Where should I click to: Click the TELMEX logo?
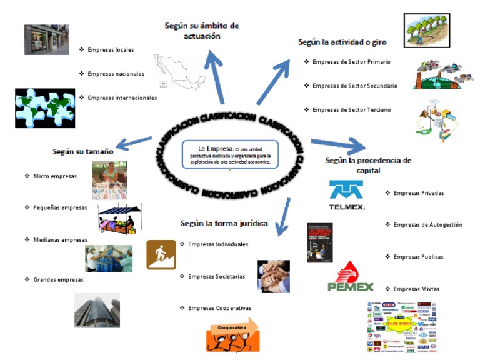(x=347, y=195)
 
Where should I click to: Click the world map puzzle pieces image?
(x=44, y=107)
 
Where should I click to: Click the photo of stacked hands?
(x=274, y=276)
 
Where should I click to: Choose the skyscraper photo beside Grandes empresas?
(x=97, y=310)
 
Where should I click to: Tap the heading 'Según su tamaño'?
(x=83, y=151)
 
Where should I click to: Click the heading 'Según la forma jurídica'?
(x=224, y=223)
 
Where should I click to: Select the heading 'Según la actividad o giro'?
(x=342, y=42)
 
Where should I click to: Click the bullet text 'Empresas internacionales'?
(x=122, y=97)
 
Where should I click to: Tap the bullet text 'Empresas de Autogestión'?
(x=427, y=225)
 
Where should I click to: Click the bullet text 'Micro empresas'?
(x=55, y=176)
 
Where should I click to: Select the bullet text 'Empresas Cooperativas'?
(x=219, y=308)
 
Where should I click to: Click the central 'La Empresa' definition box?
(x=230, y=154)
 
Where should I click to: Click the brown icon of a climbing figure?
(x=161, y=254)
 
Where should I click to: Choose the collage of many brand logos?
(x=401, y=327)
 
